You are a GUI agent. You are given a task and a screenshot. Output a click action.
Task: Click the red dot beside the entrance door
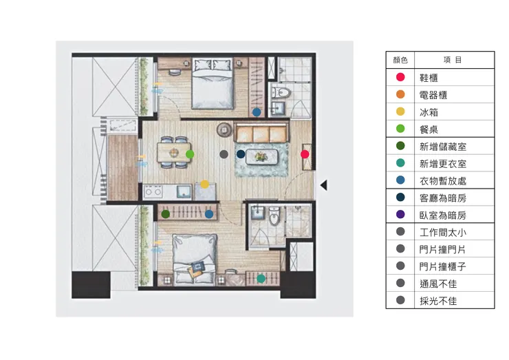tap(305, 154)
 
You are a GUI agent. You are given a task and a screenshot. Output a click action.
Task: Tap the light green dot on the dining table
tap(190, 154)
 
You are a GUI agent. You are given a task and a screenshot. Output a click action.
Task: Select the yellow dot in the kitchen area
tap(204, 184)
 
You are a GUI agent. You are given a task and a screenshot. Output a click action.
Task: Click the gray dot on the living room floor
tap(224, 154)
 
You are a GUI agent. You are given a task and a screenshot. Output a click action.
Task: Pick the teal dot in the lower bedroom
tap(261, 279)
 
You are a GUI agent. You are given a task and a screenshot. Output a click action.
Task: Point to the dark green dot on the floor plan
tap(166, 214)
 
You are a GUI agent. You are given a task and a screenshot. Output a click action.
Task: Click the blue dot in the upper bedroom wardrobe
tap(257, 112)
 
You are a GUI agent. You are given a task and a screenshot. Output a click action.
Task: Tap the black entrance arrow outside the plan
tap(324, 185)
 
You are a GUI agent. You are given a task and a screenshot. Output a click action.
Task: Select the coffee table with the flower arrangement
tap(261, 157)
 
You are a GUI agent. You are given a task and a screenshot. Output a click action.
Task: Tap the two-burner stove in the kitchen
tap(153, 191)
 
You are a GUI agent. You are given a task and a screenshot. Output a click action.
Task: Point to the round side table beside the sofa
tap(224, 130)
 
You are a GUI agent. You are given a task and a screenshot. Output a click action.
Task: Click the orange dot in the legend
tap(400, 94)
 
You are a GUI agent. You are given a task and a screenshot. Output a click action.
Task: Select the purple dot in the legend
tap(400, 214)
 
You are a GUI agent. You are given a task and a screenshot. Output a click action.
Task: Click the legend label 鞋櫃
tap(429, 78)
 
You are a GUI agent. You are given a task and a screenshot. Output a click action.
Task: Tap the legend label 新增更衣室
tap(443, 164)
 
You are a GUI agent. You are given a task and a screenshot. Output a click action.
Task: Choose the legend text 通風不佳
tap(438, 284)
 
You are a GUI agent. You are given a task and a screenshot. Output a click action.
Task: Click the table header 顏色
tap(400, 60)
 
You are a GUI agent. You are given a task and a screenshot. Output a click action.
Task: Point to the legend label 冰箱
tap(429, 112)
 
